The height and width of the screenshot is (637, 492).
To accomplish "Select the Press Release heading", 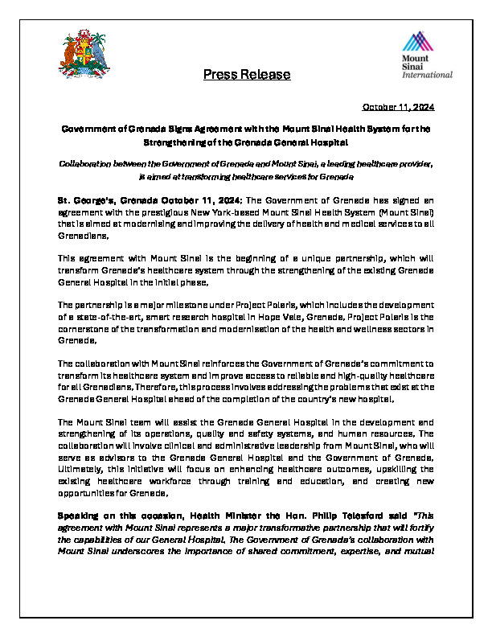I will [x=247, y=75].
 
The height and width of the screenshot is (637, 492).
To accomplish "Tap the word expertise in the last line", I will [x=354, y=551].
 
